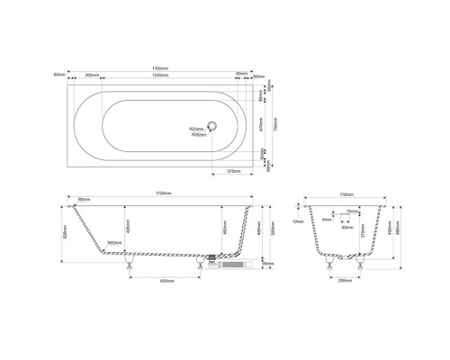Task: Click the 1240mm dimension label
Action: point(159,74)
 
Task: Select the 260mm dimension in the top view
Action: point(91,74)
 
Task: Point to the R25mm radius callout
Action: point(198,129)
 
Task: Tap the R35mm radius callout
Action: point(198,134)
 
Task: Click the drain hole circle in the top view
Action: point(212,128)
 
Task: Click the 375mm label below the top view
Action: point(233,171)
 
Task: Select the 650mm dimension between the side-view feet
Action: point(166,281)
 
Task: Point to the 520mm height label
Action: point(64,232)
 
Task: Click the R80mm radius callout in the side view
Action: point(114,243)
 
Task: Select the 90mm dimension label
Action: point(268,264)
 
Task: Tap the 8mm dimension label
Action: point(327,219)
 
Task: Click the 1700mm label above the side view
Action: point(164,193)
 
